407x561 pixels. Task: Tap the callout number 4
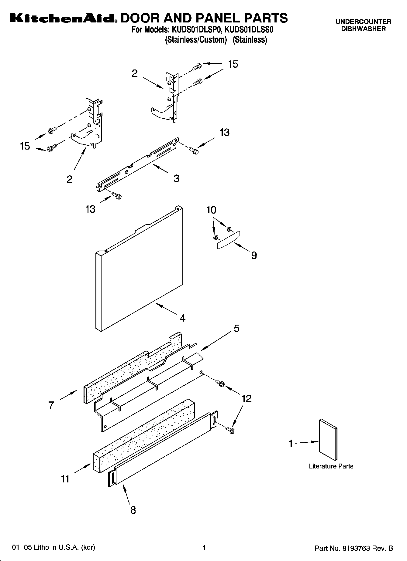(x=182, y=318)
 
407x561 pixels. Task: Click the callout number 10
(x=211, y=210)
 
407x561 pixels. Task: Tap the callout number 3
(x=176, y=178)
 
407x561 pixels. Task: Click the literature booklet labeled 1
(x=328, y=440)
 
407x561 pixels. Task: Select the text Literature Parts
(x=331, y=466)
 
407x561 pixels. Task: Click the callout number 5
(x=236, y=328)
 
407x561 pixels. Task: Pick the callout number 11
(x=65, y=479)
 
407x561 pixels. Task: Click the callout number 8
(x=133, y=510)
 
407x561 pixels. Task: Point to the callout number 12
(x=246, y=398)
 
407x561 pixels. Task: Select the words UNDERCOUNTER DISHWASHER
(x=363, y=25)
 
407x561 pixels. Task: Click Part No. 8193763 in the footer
(x=354, y=548)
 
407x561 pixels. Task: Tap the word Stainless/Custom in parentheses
(x=196, y=40)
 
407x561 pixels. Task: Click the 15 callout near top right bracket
(x=233, y=64)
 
